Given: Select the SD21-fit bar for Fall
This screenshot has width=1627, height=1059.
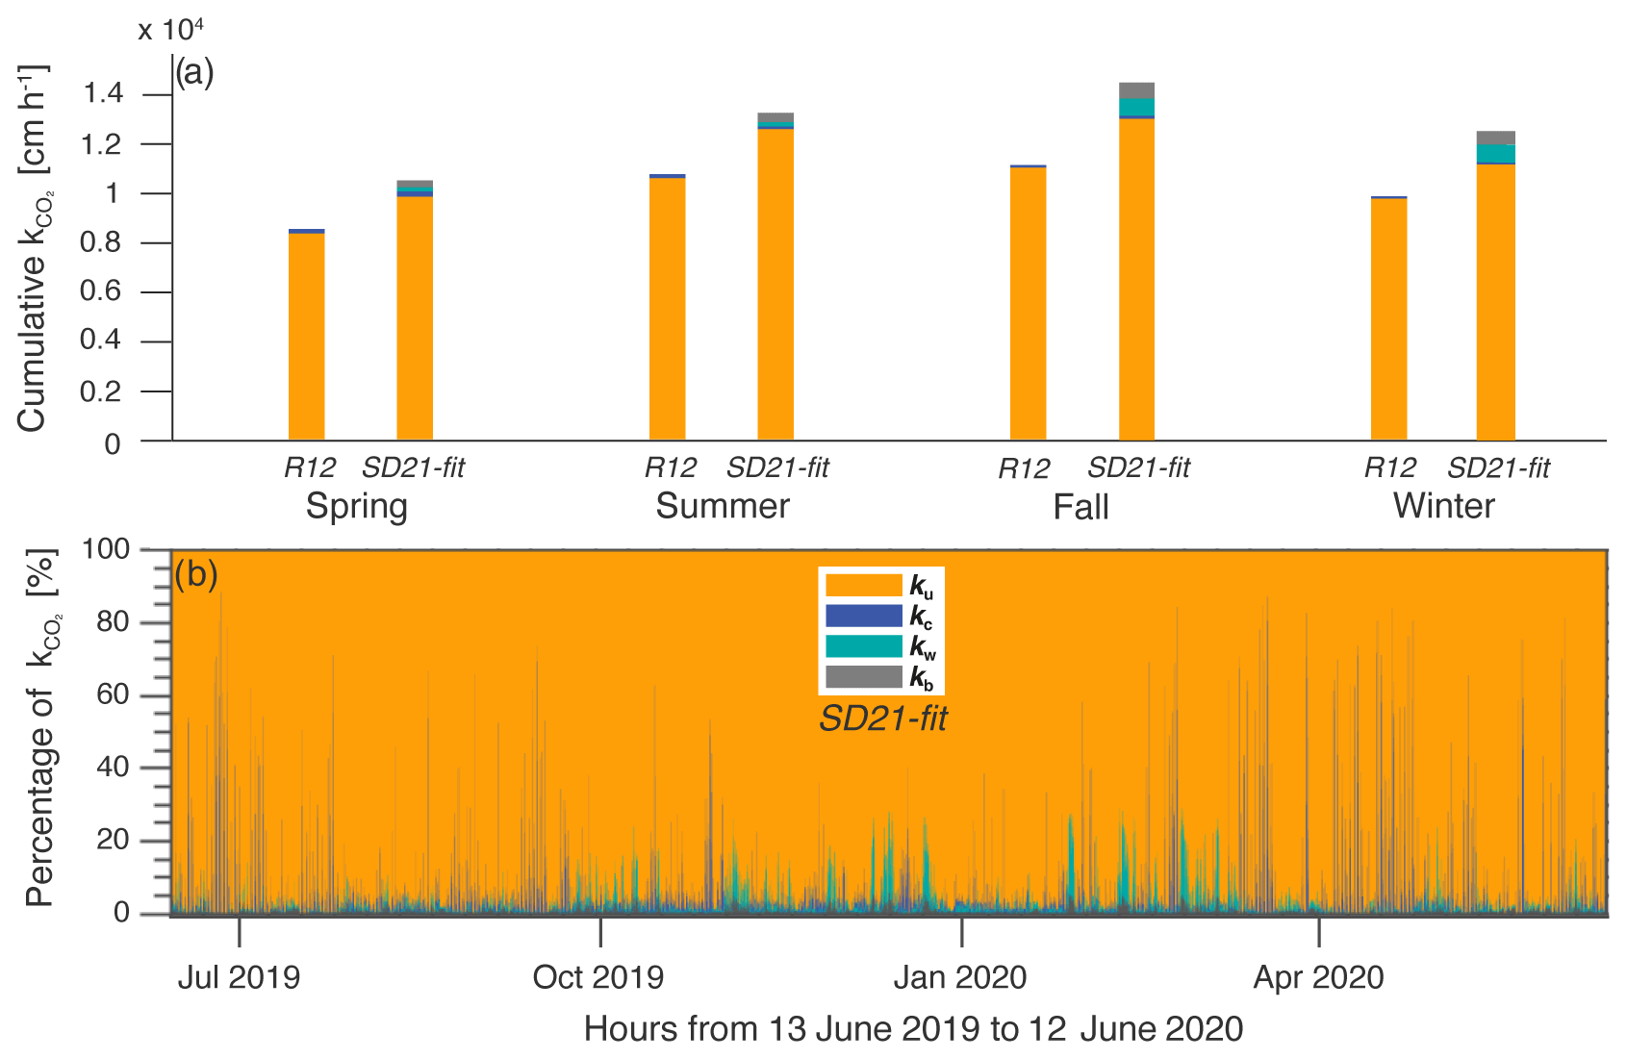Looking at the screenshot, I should tap(1136, 279).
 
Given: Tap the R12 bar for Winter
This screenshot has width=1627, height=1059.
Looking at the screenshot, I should tap(1388, 318).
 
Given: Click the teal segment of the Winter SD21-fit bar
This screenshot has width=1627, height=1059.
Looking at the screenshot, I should tap(1495, 154).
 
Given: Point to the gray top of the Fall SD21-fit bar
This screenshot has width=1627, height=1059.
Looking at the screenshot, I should tap(1136, 90).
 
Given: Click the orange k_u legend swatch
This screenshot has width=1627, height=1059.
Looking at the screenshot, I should tap(863, 585).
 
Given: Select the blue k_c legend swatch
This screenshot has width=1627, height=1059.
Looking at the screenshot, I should tap(863, 616).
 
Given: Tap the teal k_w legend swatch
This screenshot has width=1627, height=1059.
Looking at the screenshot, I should tap(863, 646).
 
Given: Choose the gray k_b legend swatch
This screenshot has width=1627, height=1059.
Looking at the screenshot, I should tap(863, 677).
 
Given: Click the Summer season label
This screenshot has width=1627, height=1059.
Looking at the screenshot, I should tap(723, 506).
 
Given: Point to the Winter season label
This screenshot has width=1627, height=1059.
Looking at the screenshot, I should tap(1443, 506).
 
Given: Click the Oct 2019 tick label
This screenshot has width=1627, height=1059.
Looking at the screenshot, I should tap(598, 977).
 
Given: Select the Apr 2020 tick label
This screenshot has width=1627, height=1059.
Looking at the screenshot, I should tap(1318, 977).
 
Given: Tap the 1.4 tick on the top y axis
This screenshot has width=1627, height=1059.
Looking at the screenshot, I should tap(103, 94).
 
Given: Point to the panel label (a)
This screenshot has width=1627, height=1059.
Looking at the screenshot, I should tap(194, 73).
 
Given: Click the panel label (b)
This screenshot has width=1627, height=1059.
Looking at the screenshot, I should tap(196, 574).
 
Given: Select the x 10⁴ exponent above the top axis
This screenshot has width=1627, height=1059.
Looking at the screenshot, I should tap(170, 29).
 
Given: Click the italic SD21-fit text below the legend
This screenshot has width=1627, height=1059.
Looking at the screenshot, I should tap(883, 719).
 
